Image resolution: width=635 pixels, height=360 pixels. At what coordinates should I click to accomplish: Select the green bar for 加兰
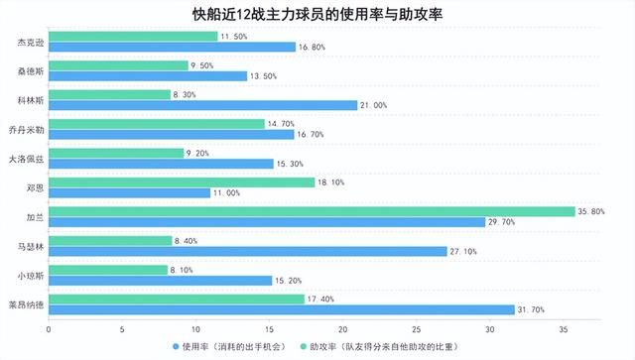312,211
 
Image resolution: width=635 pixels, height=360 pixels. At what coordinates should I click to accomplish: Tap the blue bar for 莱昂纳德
282,309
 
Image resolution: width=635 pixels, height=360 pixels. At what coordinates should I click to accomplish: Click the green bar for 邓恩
182,181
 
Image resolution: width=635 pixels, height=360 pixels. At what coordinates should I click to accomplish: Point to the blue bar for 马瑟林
248,252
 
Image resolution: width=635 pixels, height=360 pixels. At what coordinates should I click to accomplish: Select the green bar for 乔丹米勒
157,123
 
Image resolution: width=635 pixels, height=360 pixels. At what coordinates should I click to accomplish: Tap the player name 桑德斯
30,70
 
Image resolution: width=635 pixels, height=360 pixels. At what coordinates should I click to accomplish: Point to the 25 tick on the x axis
416,328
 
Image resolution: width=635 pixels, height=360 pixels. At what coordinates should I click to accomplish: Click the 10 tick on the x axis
195,328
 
